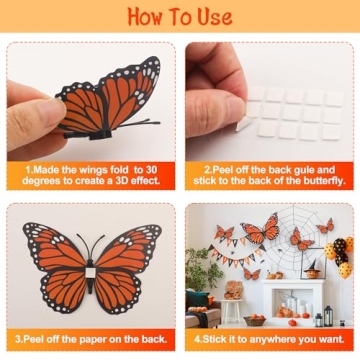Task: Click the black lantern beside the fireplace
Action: (319, 318)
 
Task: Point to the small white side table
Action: (232, 309)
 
